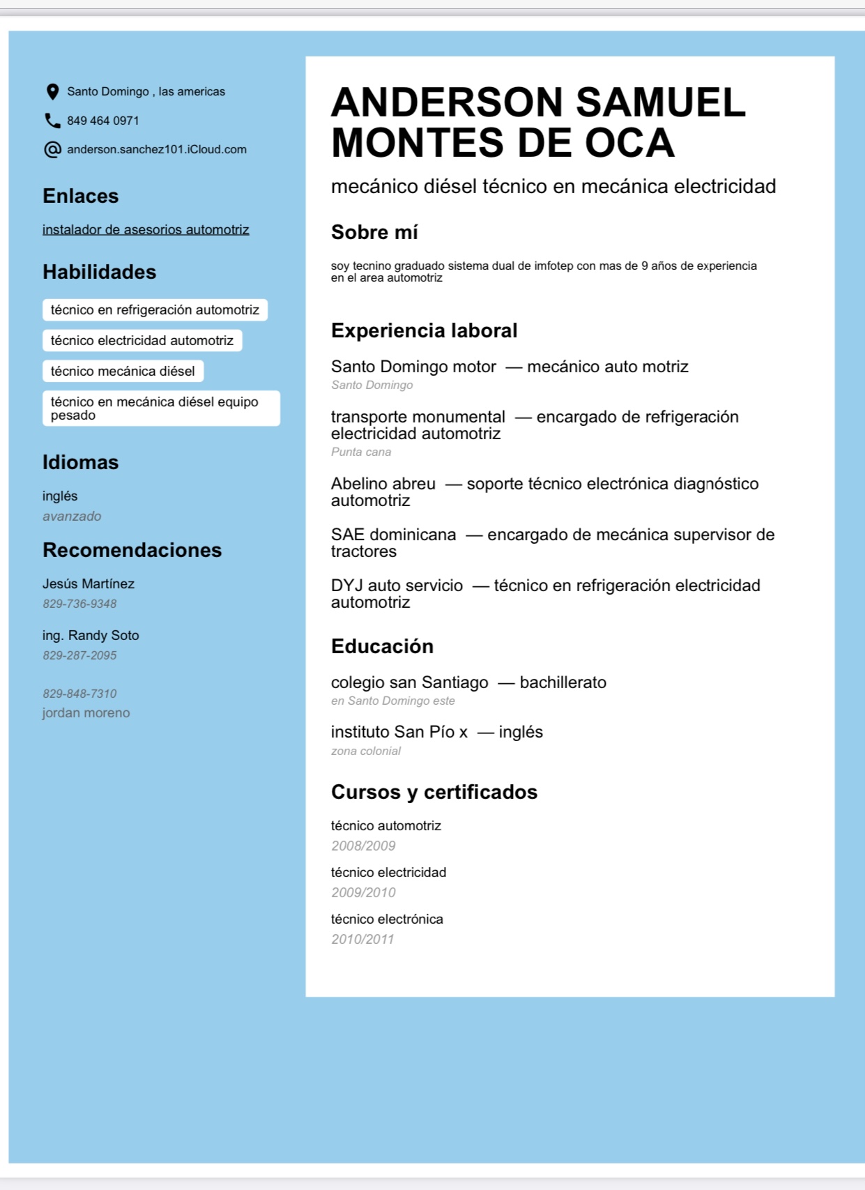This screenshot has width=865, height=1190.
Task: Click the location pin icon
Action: (x=52, y=91)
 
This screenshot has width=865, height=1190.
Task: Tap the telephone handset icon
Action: (x=52, y=121)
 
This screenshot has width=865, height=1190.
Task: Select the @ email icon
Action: (x=52, y=149)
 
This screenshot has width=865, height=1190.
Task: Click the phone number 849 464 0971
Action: (x=103, y=121)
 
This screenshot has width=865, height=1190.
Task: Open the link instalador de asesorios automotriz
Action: (x=146, y=229)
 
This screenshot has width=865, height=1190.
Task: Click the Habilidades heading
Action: (x=99, y=272)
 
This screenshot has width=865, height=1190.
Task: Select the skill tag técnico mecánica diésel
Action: (x=123, y=371)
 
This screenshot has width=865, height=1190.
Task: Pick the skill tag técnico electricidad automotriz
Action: (x=142, y=340)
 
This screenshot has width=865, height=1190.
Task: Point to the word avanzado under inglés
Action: (x=72, y=516)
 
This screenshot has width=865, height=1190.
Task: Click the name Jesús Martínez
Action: (x=89, y=583)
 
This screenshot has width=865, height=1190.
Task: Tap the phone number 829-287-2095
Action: (x=79, y=655)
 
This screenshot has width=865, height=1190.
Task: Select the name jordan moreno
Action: (x=86, y=712)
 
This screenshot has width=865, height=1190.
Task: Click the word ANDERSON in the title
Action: (x=446, y=102)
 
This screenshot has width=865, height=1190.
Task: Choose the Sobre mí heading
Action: (x=374, y=232)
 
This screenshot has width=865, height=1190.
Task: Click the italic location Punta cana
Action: (x=361, y=452)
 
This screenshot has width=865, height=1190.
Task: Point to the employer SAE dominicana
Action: (x=393, y=535)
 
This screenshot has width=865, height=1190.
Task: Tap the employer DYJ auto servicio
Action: (x=397, y=586)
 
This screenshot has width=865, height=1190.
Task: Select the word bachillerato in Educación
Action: (x=563, y=682)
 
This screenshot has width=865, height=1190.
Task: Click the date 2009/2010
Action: (x=363, y=892)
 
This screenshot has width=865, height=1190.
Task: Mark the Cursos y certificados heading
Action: (x=434, y=792)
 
